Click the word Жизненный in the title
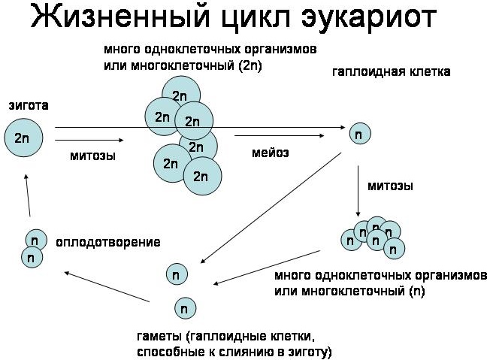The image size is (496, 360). [x=120, y=17]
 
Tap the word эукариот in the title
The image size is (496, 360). [x=368, y=18]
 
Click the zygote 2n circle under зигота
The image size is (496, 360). [x=23, y=138]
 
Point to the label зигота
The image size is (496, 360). [x=29, y=105]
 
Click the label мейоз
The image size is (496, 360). [x=271, y=153]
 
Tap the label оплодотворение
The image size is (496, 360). [x=108, y=242]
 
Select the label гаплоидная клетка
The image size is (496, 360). [x=392, y=72]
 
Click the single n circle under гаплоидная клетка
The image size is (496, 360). [x=360, y=134]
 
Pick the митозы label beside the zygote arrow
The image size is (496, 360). [x=92, y=156]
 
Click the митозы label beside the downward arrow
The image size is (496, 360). [x=390, y=186]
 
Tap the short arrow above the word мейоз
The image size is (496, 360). [x=280, y=136]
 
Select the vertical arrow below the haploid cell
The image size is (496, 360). [x=358, y=191]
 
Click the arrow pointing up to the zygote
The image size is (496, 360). [x=28, y=195]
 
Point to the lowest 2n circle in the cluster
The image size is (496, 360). [x=202, y=176]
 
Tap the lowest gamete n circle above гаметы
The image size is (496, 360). [x=186, y=308]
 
